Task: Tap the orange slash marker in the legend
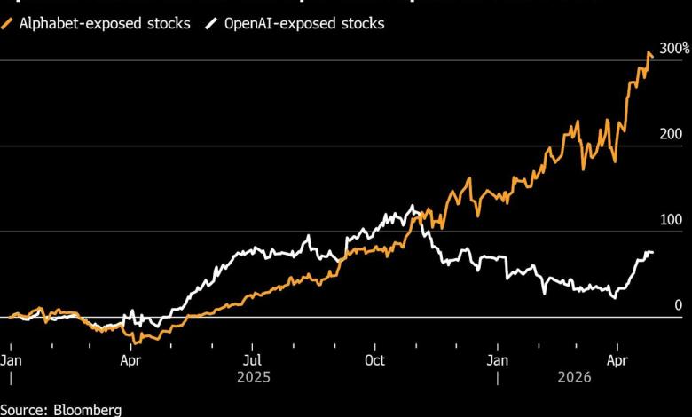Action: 9,24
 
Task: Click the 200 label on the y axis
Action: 671,134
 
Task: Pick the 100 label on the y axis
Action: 671,219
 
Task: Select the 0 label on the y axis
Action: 679,304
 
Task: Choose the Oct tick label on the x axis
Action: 374,361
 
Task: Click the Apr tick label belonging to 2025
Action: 130,361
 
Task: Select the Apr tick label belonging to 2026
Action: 617,361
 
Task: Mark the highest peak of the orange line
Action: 649,52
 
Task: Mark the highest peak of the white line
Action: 412,206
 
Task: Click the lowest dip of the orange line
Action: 135,342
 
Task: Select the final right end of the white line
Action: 654,254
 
